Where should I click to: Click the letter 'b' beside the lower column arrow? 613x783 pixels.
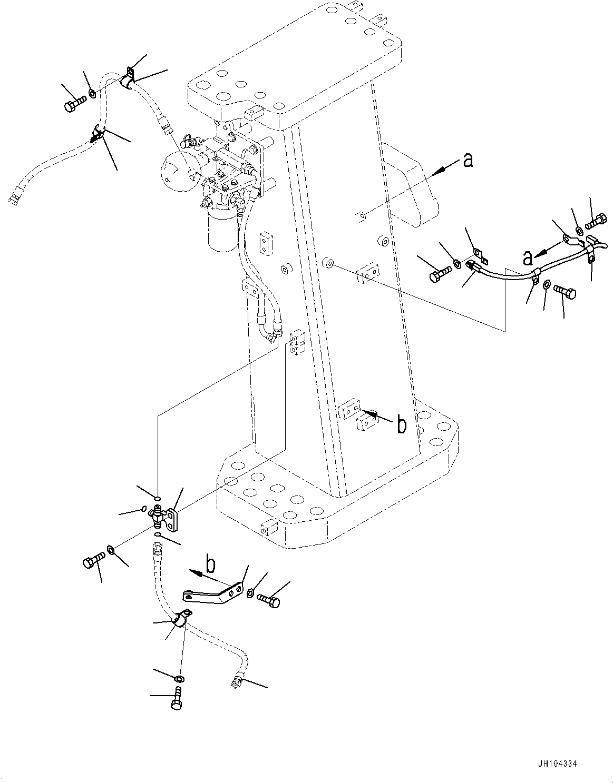[x=402, y=424]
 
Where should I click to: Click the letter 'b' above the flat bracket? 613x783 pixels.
[x=210, y=565]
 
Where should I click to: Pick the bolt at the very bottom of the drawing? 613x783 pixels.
[x=177, y=699]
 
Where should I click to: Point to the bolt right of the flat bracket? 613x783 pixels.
[x=268, y=599]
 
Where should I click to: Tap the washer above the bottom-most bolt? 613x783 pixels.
[x=179, y=678]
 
